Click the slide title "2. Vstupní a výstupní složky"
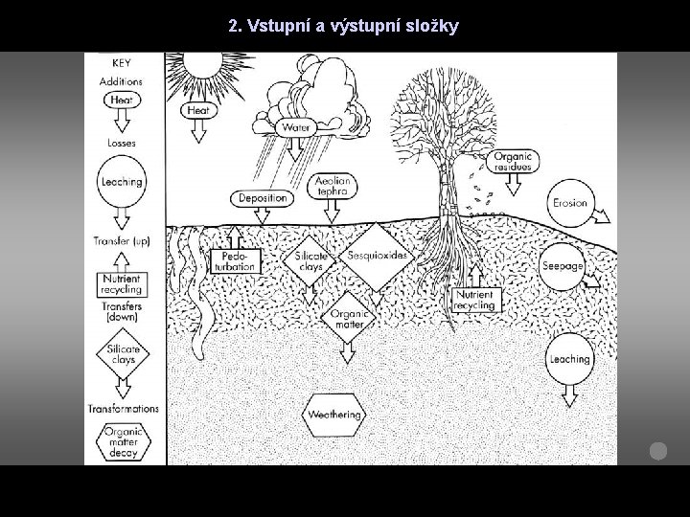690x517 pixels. [344, 26]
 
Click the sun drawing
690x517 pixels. [202, 63]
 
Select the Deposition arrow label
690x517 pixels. [262, 198]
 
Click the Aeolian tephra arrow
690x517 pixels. [333, 186]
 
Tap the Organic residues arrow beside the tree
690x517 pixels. [513, 161]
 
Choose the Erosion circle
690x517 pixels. [571, 204]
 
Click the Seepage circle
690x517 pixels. [563, 265]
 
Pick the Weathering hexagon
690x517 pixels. [334, 415]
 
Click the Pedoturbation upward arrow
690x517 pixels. [236, 259]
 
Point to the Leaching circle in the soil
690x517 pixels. [570, 360]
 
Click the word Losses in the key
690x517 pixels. [121, 144]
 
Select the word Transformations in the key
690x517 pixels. [123, 408]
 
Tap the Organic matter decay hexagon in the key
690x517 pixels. [123, 441]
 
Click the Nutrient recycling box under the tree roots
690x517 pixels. [474, 300]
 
